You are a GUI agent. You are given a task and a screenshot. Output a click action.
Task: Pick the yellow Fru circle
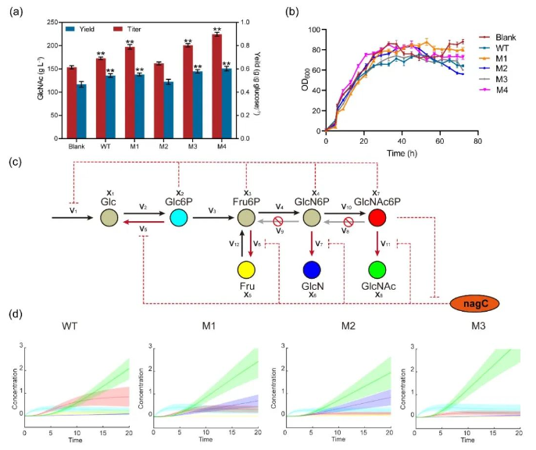click(x=247, y=270)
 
